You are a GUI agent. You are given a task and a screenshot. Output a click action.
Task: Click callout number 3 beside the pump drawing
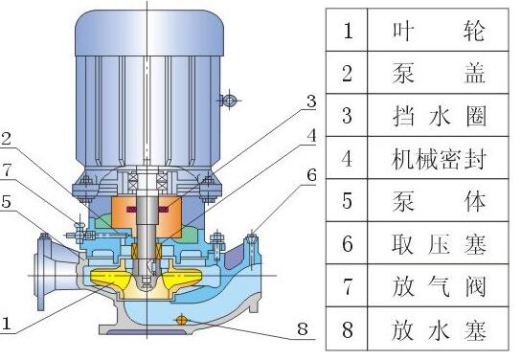click(311, 101)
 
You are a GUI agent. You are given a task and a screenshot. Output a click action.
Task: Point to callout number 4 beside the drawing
click(311, 136)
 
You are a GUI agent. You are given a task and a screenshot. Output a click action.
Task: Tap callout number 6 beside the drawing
click(311, 175)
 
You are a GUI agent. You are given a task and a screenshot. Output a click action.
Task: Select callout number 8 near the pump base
click(303, 328)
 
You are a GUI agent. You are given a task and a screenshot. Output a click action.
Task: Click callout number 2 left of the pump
click(7, 139)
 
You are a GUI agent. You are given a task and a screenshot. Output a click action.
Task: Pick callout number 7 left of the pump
click(7, 170)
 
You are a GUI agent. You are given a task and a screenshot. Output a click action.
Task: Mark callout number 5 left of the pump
click(7, 201)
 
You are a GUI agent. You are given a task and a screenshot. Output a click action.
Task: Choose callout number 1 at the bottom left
click(7, 323)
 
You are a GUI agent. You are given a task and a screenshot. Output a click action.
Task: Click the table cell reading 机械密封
click(439, 159)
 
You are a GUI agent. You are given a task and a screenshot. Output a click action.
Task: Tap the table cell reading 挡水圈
click(439, 116)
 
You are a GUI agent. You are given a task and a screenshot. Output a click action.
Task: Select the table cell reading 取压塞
click(439, 244)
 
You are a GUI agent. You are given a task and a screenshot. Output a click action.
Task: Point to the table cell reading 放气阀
click(439, 286)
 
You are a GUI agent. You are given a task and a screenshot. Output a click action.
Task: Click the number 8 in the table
click(348, 329)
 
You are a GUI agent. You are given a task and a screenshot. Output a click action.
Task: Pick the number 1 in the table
click(348, 31)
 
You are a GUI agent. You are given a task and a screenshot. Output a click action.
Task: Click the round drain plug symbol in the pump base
click(181, 320)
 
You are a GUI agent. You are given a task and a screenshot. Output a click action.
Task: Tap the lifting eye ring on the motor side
click(229, 100)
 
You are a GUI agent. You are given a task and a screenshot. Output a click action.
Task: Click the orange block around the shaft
click(147, 215)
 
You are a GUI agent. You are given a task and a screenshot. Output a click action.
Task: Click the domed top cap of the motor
click(149, 33)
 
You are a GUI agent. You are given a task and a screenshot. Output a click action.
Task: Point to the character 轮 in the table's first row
click(474, 31)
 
